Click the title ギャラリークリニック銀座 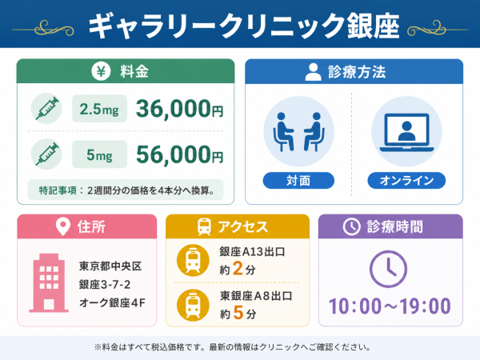244,26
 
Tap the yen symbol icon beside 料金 101,71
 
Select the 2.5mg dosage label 99,109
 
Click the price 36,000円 180,109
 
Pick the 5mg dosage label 99,154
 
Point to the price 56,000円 180,154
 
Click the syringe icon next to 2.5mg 46,108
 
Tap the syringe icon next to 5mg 46,154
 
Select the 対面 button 298,180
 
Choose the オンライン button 406,180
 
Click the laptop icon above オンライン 406,132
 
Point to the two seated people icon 298,132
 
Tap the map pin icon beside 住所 63,226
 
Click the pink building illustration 49,283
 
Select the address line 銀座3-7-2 105,284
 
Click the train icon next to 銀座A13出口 193,261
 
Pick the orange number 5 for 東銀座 238,313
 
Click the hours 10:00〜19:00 390,306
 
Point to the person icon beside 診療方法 313,72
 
